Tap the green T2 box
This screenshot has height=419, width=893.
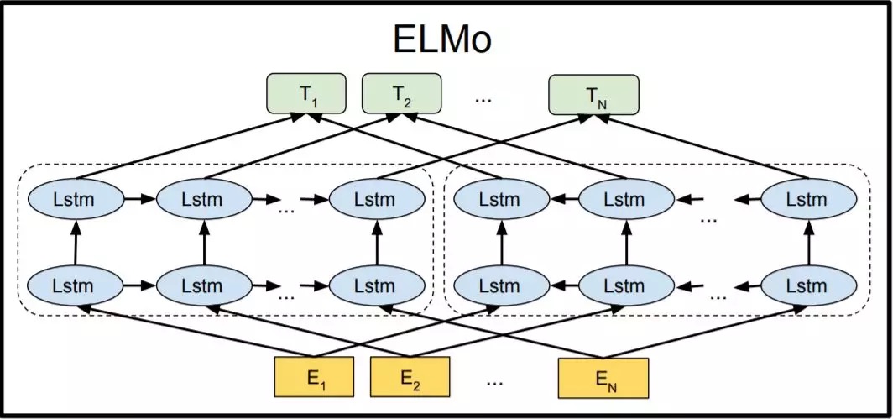[401, 94]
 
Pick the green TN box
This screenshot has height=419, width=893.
[593, 94]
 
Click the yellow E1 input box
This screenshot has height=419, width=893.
[317, 377]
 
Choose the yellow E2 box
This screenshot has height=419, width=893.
[410, 377]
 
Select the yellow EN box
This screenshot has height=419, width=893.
[603, 377]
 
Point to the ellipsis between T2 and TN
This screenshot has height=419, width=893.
[483, 98]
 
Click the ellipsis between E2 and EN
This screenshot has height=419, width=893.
[494, 381]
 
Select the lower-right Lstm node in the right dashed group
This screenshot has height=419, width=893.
[810, 285]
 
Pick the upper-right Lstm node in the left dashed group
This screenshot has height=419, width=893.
[373, 200]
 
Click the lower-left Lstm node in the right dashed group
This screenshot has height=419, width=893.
[499, 285]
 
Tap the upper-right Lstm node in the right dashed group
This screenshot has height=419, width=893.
[810, 200]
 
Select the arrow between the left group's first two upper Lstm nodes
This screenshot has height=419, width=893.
[138, 200]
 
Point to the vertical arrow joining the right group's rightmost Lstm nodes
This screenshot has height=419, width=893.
[810, 243]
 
